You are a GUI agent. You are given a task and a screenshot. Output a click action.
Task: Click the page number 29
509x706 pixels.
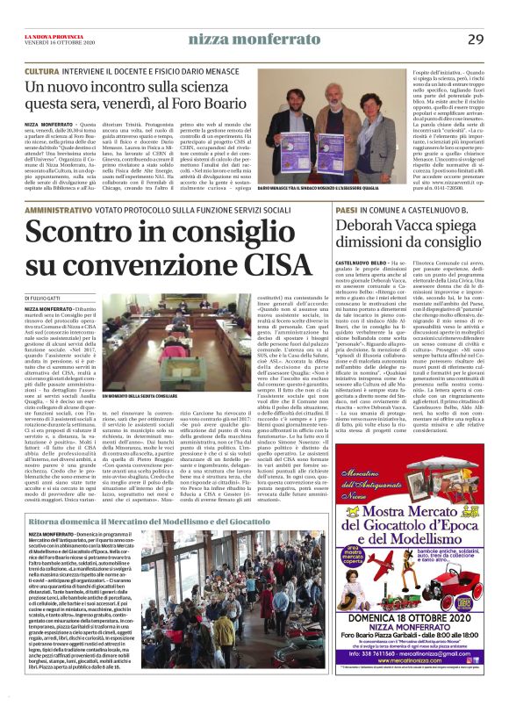[x=475, y=39]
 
